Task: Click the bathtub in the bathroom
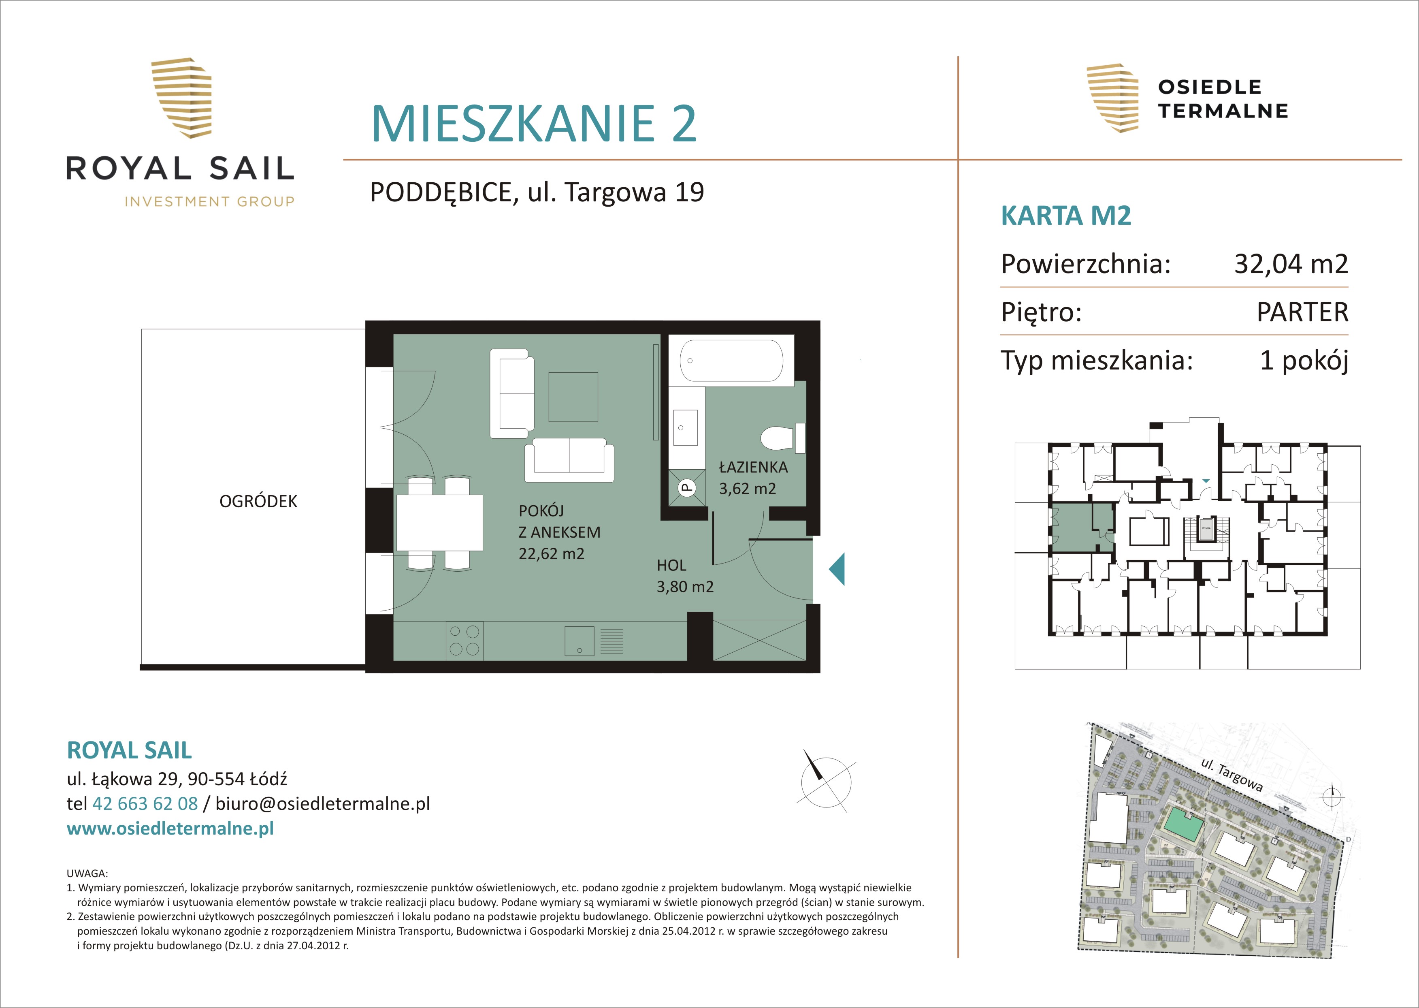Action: pyautogui.click(x=731, y=360)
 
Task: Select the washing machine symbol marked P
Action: pyautogui.click(x=687, y=487)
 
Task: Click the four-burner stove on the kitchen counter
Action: pyautogui.click(x=464, y=640)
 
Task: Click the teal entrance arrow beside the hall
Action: pyautogui.click(x=837, y=569)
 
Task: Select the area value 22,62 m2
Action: pyautogui.click(x=552, y=554)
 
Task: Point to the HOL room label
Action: pyautogui.click(x=671, y=566)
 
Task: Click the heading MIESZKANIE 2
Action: pyautogui.click(x=534, y=124)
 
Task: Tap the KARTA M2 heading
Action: pyautogui.click(x=1066, y=216)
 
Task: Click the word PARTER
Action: pyautogui.click(x=1302, y=312)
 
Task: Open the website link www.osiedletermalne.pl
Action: pyautogui.click(x=170, y=829)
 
